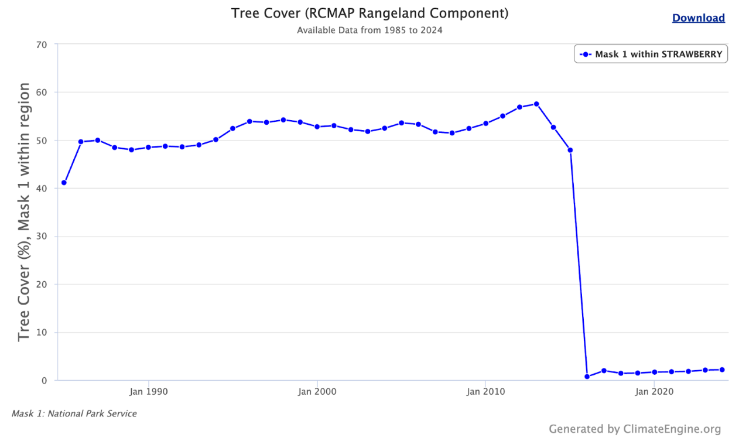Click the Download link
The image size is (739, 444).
coord(698,18)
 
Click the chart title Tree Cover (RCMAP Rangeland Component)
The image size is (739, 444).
coord(369,13)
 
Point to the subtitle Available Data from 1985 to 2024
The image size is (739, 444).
coord(369,30)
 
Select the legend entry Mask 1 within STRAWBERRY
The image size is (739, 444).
coord(651,54)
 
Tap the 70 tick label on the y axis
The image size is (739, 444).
coord(41,44)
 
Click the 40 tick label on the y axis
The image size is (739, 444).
coord(41,189)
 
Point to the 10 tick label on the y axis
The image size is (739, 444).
coord(41,333)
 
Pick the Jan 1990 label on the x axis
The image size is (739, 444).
coord(149,391)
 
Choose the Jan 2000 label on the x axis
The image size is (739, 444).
coord(317,391)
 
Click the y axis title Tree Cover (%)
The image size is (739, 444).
coord(24,212)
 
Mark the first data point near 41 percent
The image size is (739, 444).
coord(64,183)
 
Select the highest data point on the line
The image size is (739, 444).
coord(536,104)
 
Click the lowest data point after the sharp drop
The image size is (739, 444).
coord(587,377)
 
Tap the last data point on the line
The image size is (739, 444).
coord(722,370)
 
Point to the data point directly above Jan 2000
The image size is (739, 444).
coord(317,127)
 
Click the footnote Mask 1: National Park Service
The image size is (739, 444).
coord(74,414)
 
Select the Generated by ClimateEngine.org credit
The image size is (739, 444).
coord(635,429)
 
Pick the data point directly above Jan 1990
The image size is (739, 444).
coord(148,147)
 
